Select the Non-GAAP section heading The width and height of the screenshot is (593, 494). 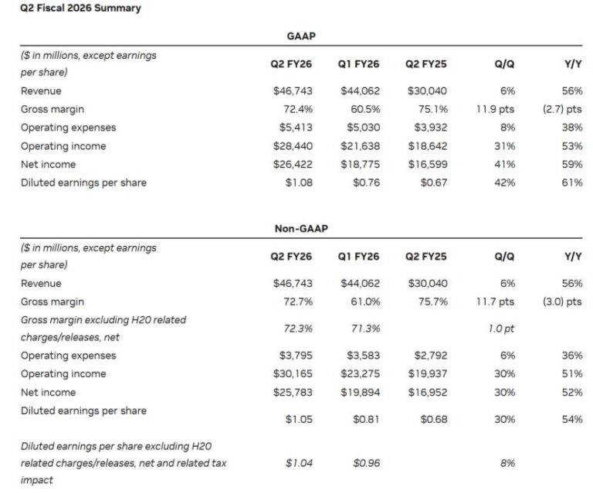coord(300,228)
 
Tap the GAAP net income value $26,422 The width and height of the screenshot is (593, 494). coord(292,165)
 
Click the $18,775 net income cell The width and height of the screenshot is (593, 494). coord(360,165)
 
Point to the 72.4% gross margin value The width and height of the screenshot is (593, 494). coord(296,109)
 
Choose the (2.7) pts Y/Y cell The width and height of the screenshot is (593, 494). coord(562,109)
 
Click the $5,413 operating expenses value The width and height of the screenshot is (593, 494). coord(295,128)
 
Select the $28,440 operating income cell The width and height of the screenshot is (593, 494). coord(292,146)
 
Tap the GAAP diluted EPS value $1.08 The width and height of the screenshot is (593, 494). coord(297,183)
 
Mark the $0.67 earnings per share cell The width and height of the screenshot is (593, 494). coord(432,183)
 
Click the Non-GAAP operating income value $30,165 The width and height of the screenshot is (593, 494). coord(292,373)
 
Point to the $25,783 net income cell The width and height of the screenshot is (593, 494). coord(292,392)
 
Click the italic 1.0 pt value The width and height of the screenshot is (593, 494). coord(502,329)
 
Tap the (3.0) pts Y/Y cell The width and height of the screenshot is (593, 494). coord(562,302)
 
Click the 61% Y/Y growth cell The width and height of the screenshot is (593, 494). coord(572,183)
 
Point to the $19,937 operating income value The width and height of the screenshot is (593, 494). coord(427,373)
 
